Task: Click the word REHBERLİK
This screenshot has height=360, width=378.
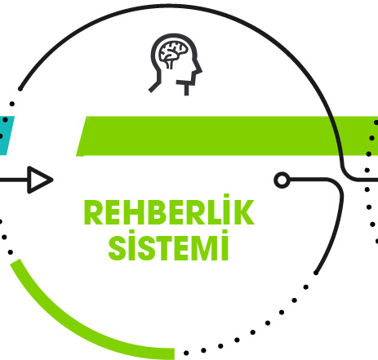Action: coord(169,210)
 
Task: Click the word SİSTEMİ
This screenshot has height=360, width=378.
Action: coord(168,245)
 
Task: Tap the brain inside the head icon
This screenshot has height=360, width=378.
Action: coord(173,51)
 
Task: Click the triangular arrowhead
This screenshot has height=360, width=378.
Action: coord(40,180)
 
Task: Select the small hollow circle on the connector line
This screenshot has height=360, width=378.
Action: coord(282,180)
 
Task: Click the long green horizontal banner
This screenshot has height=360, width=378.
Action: coord(227,136)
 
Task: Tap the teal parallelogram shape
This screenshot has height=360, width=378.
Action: coord(6,136)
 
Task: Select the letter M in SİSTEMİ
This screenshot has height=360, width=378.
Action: coord(205,248)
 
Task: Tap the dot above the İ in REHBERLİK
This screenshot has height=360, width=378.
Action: coord(225,196)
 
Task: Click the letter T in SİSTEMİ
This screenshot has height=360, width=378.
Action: coord(162,248)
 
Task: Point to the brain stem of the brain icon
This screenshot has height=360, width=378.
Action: coord(170,64)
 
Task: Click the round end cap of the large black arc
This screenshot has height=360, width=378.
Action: coord(20,89)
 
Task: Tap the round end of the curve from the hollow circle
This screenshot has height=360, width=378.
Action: coord(316,273)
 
